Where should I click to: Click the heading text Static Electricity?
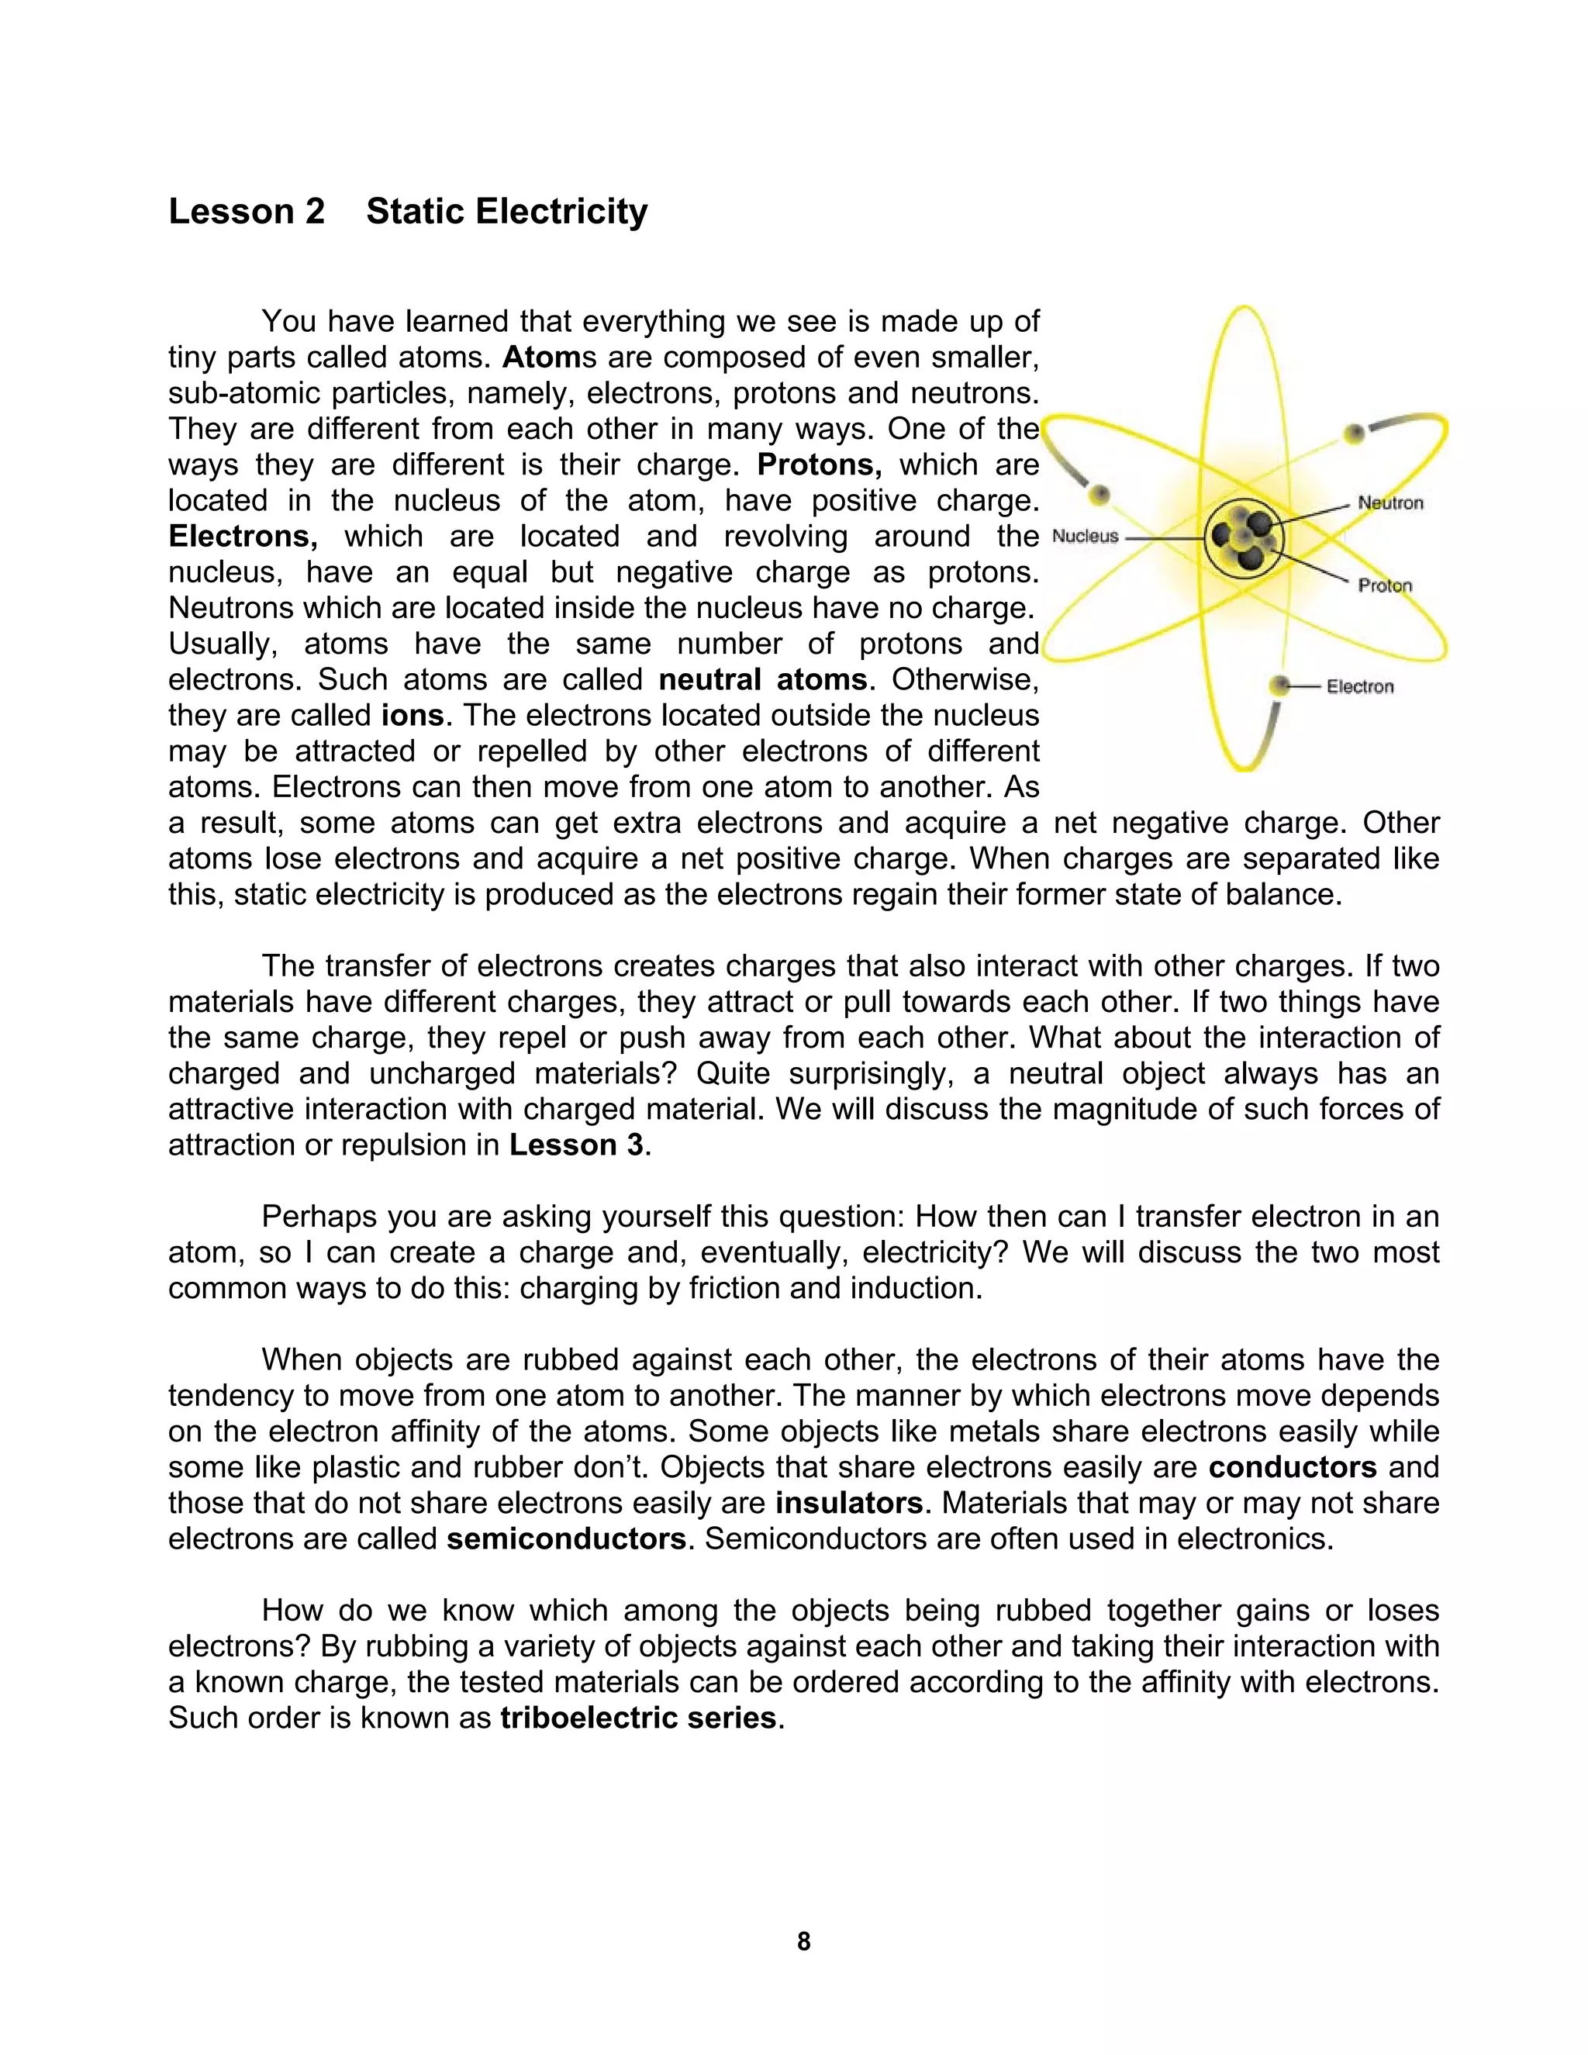pyautogui.click(x=506, y=212)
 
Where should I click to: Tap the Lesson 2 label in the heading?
pyautogui.click(x=247, y=212)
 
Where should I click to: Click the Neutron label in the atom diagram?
pyautogui.click(x=1389, y=503)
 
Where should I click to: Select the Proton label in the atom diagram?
pyautogui.click(x=1385, y=585)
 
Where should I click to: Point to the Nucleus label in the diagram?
pyautogui.click(x=1085, y=537)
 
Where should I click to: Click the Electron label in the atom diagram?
pyautogui.click(x=1359, y=687)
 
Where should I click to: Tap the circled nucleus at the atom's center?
pyautogui.click(x=1242, y=539)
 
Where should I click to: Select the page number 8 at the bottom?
pyautogui.click(x=803, y=1941)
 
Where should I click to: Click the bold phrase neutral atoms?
pyautogui.click(x=762, y=679)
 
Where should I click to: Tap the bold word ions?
pyautogui.click(x=412, y=715)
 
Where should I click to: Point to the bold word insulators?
pyautogui.click(x=848, y=1503)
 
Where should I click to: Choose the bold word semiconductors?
pyautogui.click(x=566, y=1539)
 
